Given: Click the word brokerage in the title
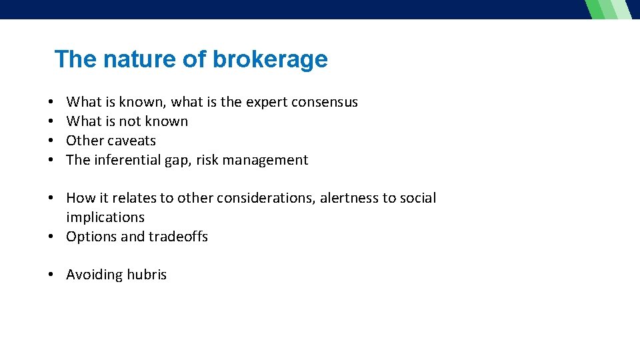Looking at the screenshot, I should pyautogui.click(x=270, y=60).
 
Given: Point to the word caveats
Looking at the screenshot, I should pyautogui.click(x=132, y=141).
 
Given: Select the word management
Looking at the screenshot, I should pyautogui.click(x=267, y=160).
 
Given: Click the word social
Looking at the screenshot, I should pyautogui.click(x=418, y=198).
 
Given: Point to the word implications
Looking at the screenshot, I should pyautogui.click(x=105, y=217).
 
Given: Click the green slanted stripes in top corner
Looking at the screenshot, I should pyautogui.click(x=609, y=9).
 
